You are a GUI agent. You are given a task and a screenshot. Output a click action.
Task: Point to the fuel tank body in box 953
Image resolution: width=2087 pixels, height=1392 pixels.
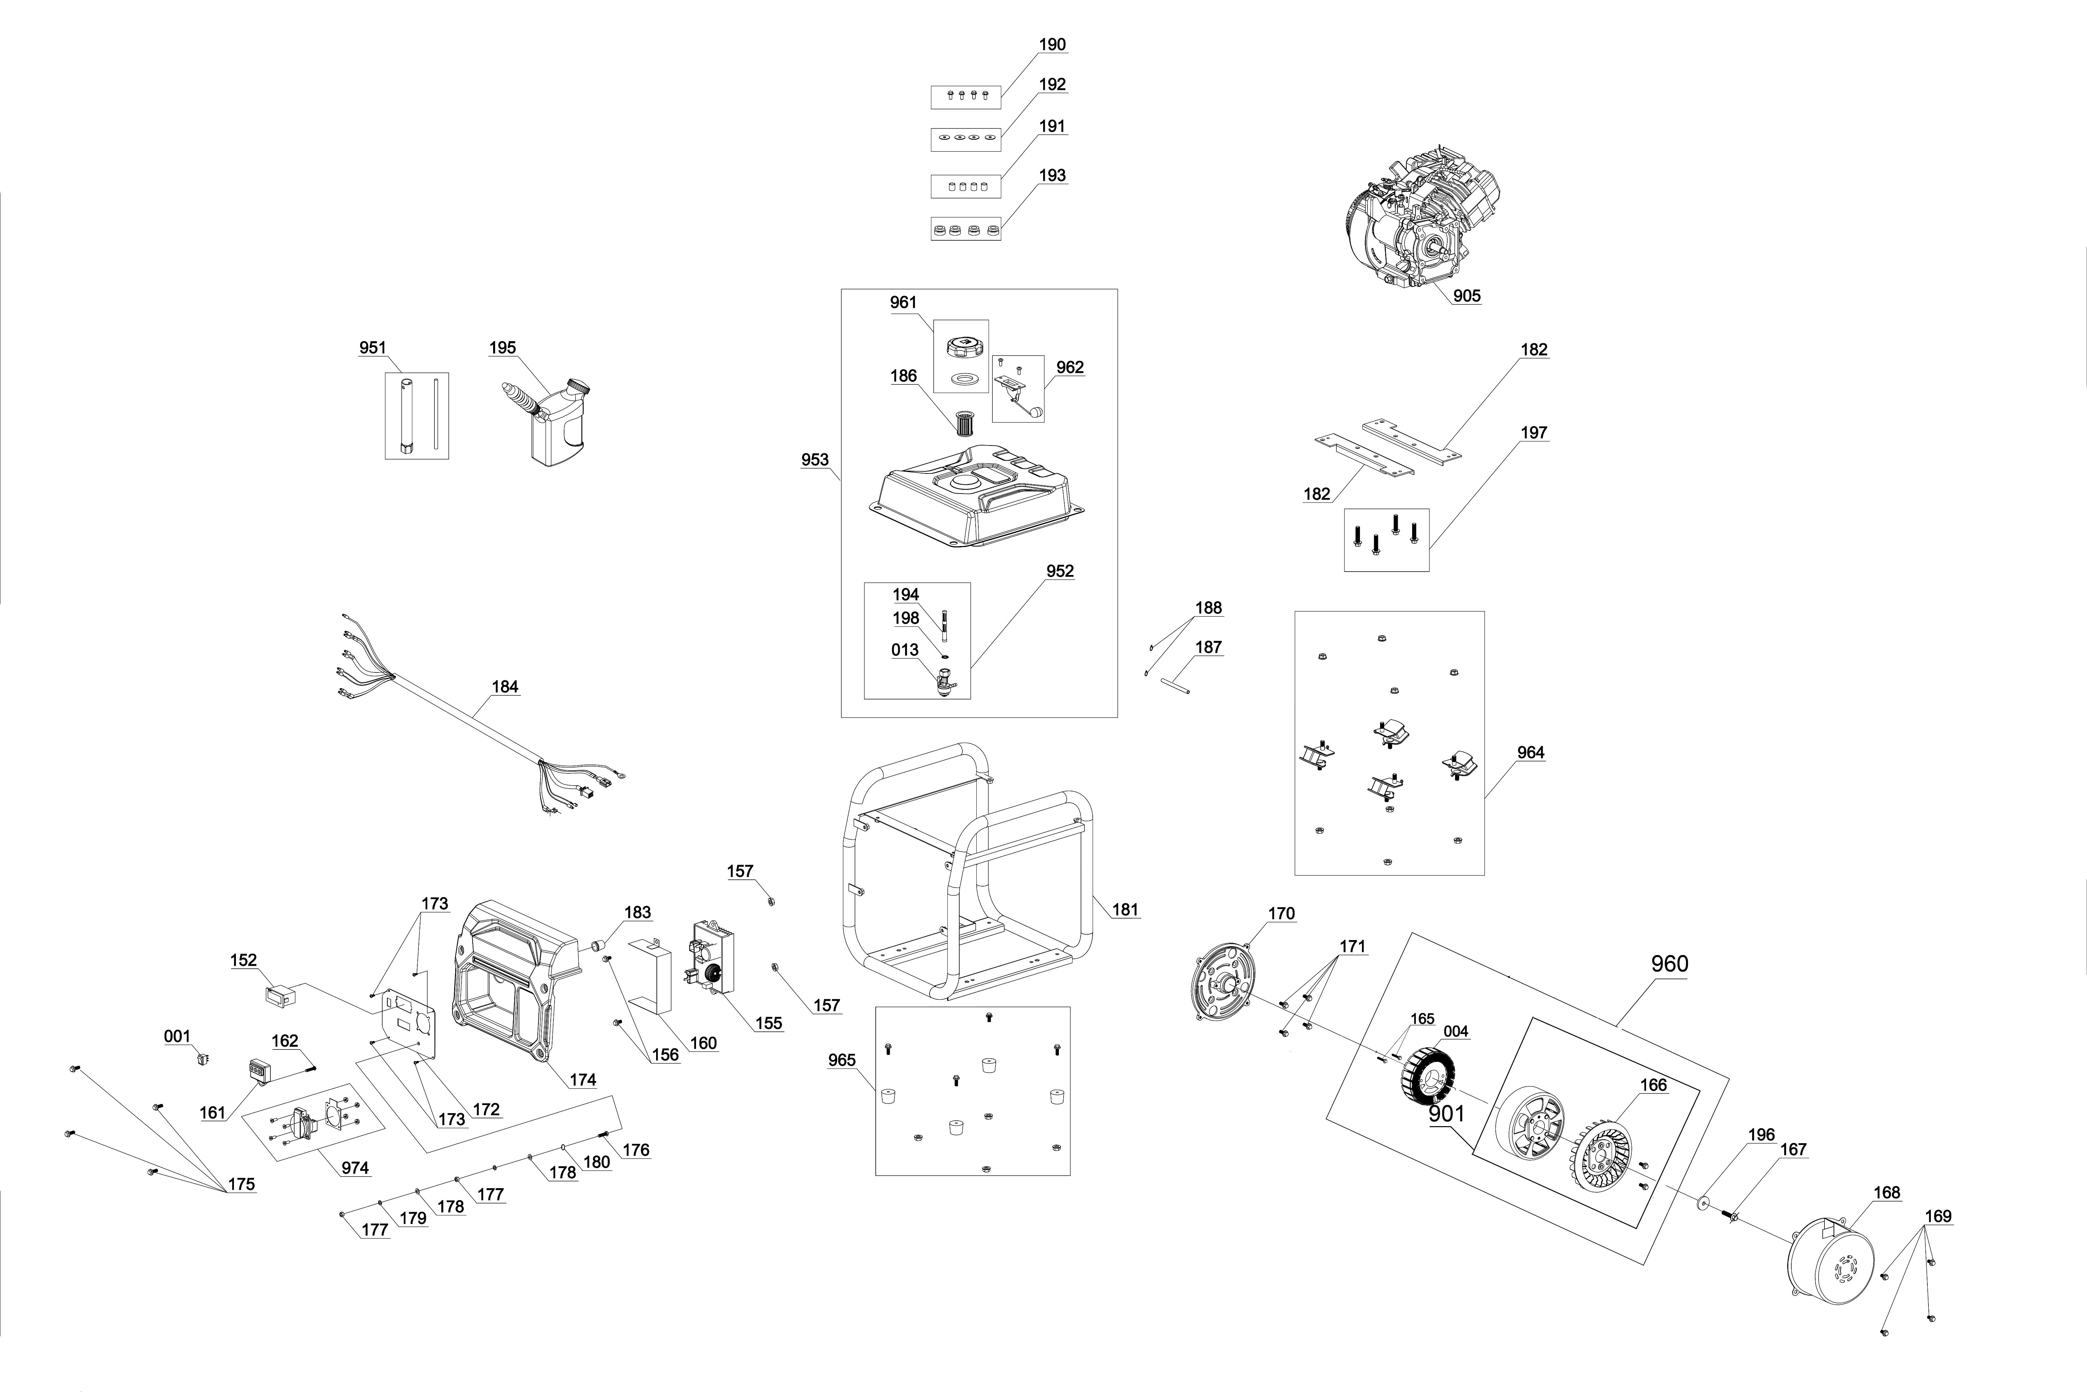coord(977,497)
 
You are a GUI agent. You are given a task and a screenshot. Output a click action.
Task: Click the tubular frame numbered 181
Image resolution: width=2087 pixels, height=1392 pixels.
coord(968,870)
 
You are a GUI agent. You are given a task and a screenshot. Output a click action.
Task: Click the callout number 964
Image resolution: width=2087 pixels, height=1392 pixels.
coord(1530,753)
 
